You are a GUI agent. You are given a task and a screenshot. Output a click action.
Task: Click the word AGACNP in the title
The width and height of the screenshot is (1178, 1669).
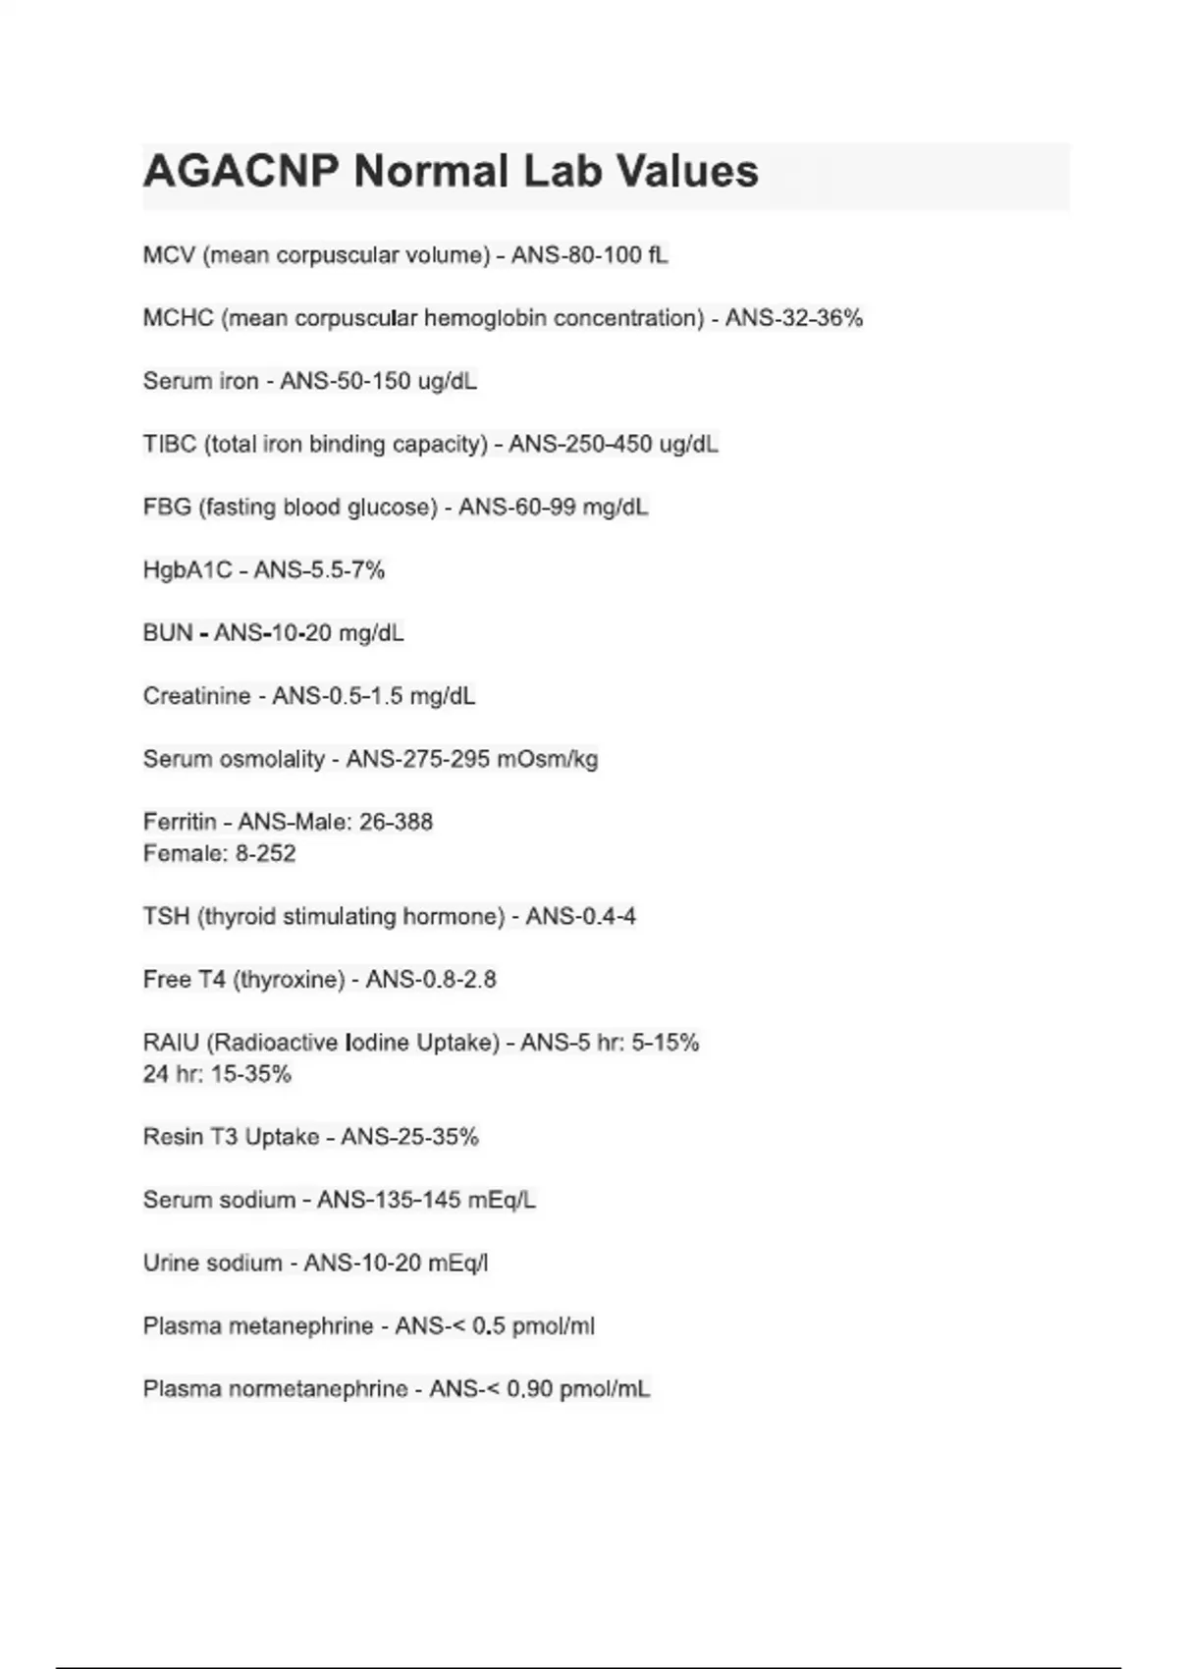point(241,172)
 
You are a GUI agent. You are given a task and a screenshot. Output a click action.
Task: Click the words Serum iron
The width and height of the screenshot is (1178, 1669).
point(200,381)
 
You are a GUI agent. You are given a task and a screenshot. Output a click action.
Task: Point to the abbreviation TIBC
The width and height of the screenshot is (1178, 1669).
point(170,444)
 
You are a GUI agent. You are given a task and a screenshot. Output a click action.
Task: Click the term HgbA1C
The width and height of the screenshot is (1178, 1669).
point(187,570)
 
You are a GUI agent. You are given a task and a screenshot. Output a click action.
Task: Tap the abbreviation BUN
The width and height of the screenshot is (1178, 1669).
point(168,633)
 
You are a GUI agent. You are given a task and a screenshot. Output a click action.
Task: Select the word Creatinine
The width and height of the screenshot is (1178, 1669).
point(196,696)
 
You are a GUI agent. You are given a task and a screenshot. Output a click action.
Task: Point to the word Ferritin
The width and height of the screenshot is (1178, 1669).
point(180,822)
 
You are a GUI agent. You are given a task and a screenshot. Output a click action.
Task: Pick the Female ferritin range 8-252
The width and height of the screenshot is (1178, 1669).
point(265,853)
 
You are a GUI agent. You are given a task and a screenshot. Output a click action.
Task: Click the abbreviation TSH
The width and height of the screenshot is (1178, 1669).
point(166,917)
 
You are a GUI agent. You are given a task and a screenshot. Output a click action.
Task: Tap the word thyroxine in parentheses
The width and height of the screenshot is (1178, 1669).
point(289,980)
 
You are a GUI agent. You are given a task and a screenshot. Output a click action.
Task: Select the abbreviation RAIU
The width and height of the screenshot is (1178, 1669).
point(171,1043)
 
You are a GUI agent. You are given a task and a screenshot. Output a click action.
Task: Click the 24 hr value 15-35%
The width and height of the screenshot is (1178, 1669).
point(251,1074)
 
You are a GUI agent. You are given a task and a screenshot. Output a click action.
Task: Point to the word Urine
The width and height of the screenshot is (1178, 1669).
point(170,1263)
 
